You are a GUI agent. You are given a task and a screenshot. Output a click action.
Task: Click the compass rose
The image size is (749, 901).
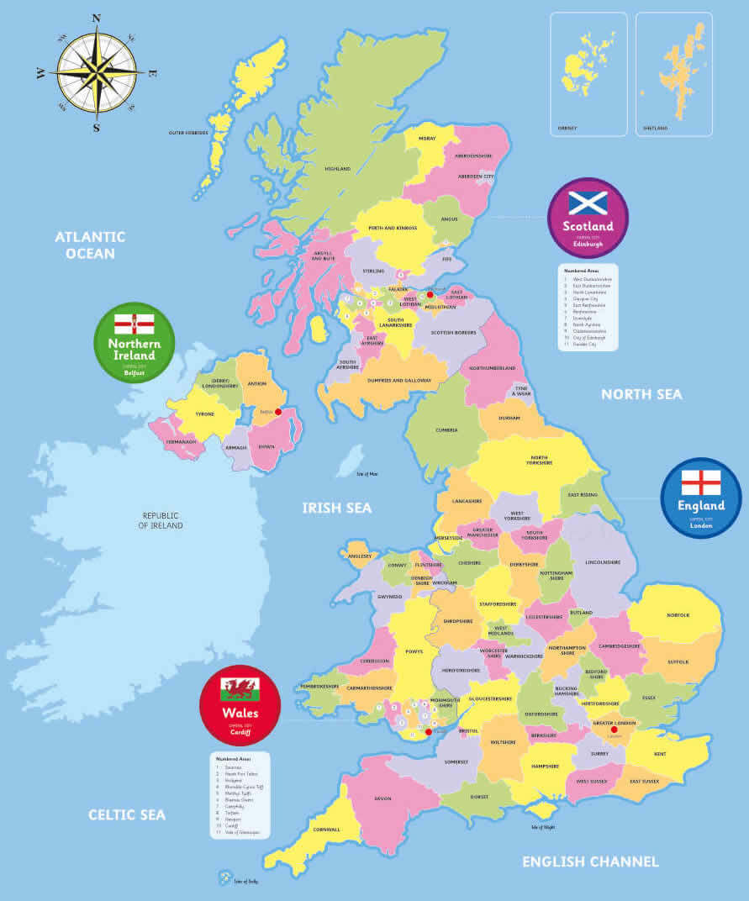[x=97, y=72]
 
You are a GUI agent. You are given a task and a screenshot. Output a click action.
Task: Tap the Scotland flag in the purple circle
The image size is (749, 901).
[x=588, y=203]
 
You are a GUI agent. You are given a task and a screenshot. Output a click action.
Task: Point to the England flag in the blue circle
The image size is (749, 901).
[x=701, y=482]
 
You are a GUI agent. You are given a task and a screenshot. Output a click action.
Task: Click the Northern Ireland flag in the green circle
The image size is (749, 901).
[x=135, y=324]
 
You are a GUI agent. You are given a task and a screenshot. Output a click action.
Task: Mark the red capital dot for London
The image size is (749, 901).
[x=614, y=730]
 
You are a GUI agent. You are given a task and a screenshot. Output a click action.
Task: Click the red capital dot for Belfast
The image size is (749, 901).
[x=277, y=412]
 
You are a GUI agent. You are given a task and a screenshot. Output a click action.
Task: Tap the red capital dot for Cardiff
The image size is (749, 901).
[x=429, y=732]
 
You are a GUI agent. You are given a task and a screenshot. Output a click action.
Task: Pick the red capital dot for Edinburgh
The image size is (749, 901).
[x=430, y=295]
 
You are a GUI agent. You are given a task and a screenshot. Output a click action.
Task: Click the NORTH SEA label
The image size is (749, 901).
[x=641, y=394]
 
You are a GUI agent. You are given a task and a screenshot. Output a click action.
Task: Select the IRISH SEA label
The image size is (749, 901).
[x=336, y=508]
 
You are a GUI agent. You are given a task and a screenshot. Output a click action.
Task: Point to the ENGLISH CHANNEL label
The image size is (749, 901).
[x=590, y=861]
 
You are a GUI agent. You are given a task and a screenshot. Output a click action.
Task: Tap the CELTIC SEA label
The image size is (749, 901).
[x=127, y=814]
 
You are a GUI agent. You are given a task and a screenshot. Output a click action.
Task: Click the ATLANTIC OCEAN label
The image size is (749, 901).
[x=90, y=245]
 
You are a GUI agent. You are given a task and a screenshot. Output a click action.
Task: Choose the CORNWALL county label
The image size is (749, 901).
[x=326, y=830]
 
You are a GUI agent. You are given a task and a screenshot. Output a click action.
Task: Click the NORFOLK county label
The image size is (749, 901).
[x=678, y=615]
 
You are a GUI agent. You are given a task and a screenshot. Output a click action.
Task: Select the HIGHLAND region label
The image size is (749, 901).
[x=338, y=169]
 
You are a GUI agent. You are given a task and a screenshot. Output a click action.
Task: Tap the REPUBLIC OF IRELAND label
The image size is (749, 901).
[x=162, y=520]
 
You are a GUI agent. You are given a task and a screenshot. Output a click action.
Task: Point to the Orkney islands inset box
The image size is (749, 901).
[x=588, y=74]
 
